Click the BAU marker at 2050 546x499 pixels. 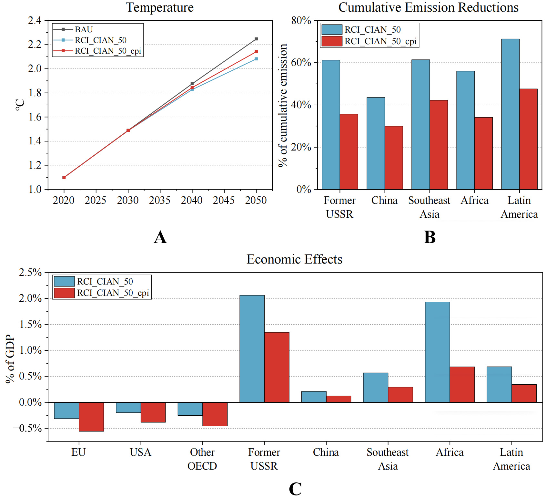[256, 39]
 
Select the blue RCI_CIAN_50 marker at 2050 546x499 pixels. [256, 59]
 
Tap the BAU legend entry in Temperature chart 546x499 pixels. [84, 29]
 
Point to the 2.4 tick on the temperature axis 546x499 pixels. [35, 21]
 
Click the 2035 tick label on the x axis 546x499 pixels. [160, 201]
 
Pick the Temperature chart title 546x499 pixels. [160, 7]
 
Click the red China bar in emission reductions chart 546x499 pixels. [394, 158]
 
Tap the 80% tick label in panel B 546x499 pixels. [301, 21]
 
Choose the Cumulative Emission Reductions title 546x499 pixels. [428, 7]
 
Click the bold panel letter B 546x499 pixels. [430, 237]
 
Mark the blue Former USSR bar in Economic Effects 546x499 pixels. [252, 348]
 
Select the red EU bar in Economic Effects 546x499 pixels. [91, 417]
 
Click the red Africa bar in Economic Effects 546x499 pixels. [462, 384]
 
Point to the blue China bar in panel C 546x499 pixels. [314, 397]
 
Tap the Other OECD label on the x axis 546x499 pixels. [202, 459]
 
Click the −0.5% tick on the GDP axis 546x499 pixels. [27, 429]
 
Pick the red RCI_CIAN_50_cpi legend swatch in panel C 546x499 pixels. [64, 293]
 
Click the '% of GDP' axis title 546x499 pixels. [10, 359]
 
